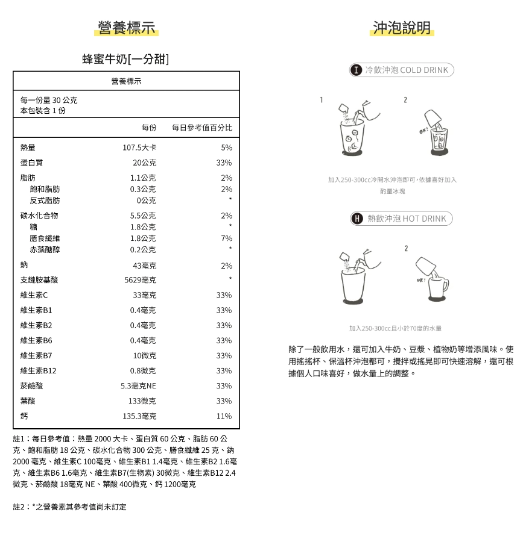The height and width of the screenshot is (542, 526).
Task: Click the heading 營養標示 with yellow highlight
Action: (x=127, y=28)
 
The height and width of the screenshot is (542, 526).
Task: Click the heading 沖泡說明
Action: (x=402, y=28)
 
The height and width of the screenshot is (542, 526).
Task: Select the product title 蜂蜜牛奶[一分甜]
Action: (x=125, y=59)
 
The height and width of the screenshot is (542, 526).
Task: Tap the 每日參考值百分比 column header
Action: (x=201, y=128)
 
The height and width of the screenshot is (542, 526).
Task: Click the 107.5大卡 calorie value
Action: (x=139, y=148)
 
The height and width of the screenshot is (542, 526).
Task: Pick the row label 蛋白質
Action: (x=31, y=163)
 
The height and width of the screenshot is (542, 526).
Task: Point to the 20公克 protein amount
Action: (x=144, y=163)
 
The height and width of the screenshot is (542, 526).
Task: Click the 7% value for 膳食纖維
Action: (x=226, y=238)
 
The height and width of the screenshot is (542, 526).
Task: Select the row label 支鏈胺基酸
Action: (x=39, y=280)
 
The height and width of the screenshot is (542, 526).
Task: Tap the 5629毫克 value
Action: (x=140, y=280)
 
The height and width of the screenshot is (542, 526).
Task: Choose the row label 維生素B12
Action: (x=38, y=371)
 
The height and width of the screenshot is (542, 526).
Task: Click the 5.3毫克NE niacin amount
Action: (x=138, y=386)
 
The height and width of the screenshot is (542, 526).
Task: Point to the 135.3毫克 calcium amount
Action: (x=139, y=416)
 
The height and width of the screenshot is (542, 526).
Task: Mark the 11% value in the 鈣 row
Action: (x=224, y=416)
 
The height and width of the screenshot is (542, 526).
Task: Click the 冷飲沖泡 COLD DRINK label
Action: (x=402, y=70)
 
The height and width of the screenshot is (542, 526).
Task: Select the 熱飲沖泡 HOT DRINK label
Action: (x=401, y=219)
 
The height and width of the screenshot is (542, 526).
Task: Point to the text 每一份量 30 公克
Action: (x=49, y=100)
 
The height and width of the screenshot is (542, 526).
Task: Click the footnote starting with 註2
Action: (x=70, y=507)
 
